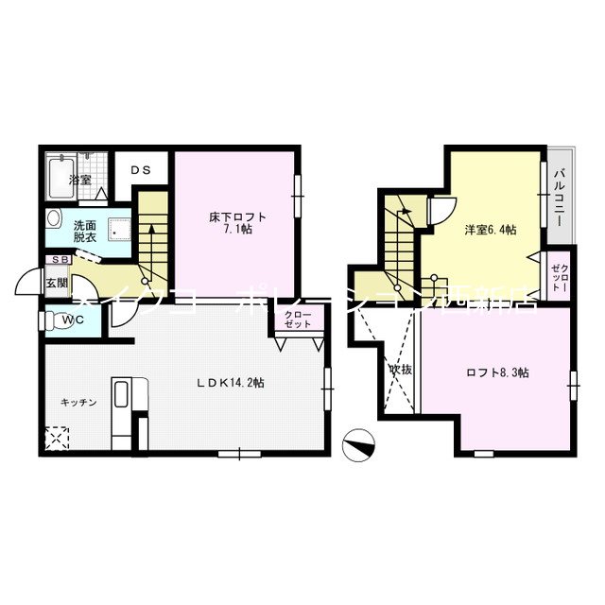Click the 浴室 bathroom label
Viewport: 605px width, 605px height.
(79, 180)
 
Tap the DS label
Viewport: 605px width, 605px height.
(140, 171)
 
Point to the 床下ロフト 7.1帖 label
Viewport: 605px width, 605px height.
(237, 223)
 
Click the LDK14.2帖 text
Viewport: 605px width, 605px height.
(230, 383)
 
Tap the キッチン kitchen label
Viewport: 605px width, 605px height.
(78, 402)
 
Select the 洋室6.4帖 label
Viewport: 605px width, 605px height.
(490, 233)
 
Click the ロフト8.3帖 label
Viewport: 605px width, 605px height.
(498, 372)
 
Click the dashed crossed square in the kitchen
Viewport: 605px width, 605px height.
(57, 439)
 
